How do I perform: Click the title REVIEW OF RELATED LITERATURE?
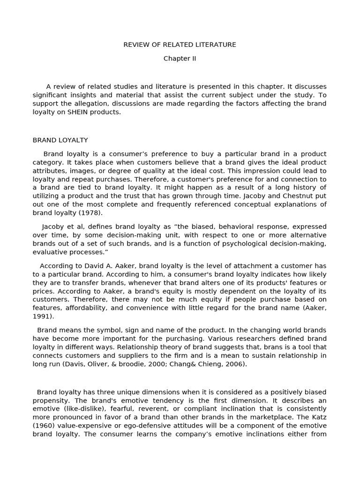pos(180,45)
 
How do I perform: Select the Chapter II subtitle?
pos(180,59)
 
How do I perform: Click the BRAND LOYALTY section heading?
pos(60,140)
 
